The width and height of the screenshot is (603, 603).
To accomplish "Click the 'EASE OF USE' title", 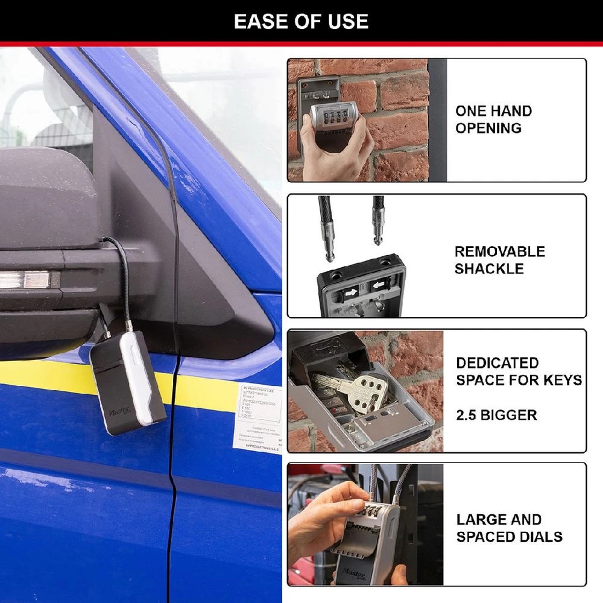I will click(301, 22).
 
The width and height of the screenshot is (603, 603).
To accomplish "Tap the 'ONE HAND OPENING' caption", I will click(493, 119).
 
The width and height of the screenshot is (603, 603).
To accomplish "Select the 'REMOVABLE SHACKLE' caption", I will click(499, 260).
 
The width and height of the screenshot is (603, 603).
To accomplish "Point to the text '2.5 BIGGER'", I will click(496, 415).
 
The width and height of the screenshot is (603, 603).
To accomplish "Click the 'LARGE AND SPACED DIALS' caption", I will click(509, 528).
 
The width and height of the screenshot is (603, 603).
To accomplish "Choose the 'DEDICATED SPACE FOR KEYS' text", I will click(519, 371).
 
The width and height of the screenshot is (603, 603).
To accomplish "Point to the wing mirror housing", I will click(48, 199).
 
